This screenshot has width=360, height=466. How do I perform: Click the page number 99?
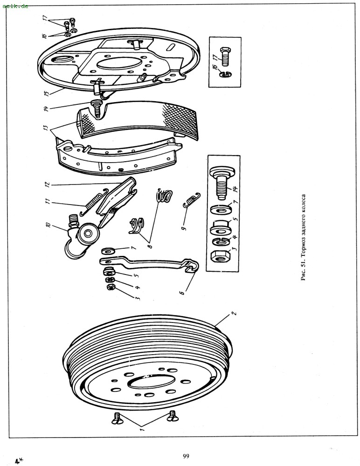[x=186, y=456]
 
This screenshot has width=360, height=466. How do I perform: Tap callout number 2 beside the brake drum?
[x=234, y=313]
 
